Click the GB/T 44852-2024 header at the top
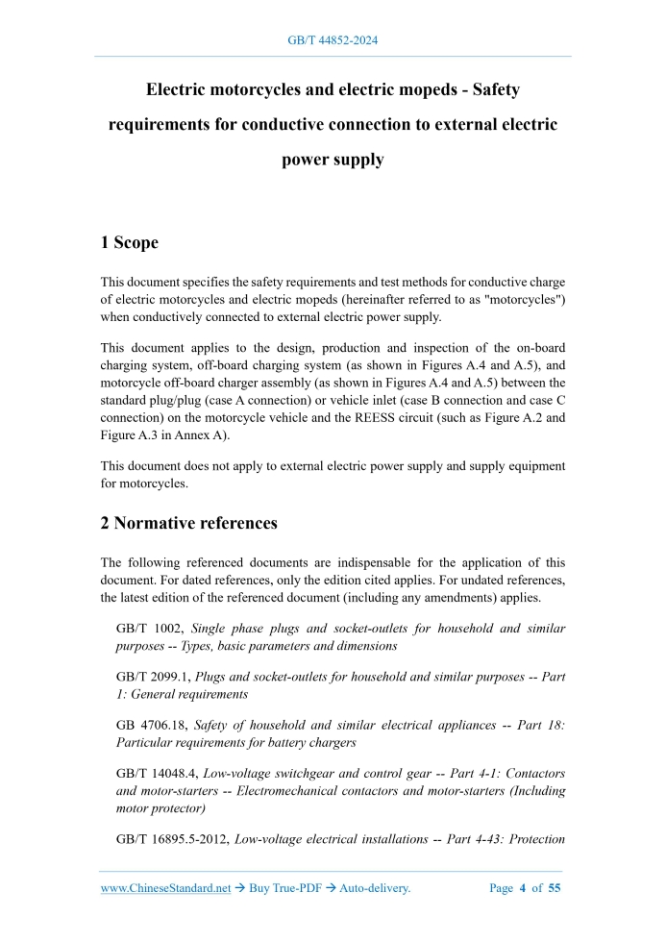[x=333, y=40]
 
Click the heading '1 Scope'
[x=130, y=243]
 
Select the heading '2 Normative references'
[x=189, y=524]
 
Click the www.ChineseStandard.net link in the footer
[x=165, y=888]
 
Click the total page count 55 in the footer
[x=555, y=888]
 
